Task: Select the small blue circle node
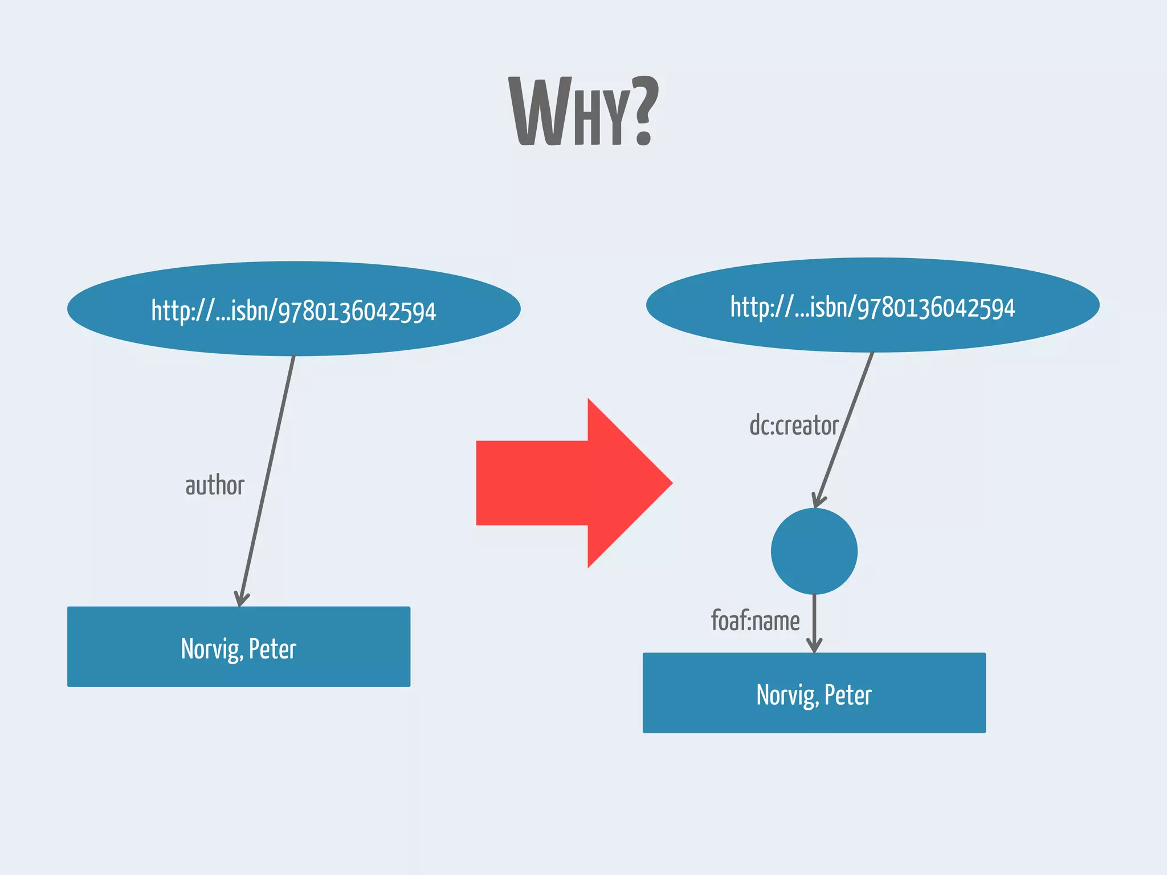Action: (x=814, y=551)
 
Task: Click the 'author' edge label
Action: (x=215, y=486)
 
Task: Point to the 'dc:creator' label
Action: (x=794, y=426)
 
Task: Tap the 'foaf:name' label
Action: (x=755, y=621)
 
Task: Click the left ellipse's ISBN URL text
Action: (x=293, y=311)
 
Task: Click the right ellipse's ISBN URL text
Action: (x=872, y=308)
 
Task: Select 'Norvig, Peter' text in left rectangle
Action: (x=239, y=649)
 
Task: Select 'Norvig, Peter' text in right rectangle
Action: (x=814, y=695)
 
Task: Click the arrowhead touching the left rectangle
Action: (x=242, y=599)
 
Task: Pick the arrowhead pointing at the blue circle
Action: (x=818, y=500)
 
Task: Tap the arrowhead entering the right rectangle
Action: (x=814, y=645)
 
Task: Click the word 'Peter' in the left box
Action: (x=272, y=649)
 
